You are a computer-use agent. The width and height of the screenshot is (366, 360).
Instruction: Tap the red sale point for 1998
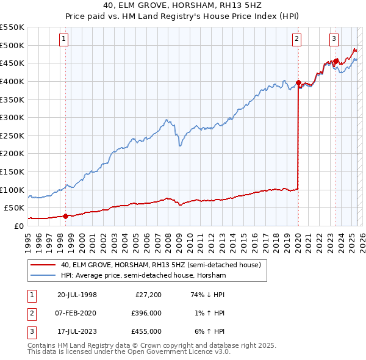[65, 215]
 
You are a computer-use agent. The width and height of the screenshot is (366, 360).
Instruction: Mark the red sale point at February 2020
[298, 82]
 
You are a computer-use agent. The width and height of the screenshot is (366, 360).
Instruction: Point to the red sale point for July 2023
[335, 61]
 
